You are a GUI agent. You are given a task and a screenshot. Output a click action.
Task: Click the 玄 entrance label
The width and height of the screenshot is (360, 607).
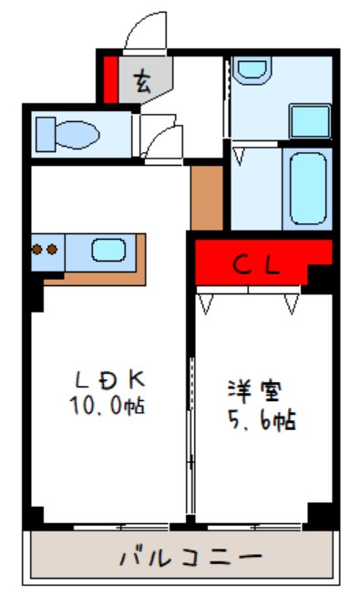144,83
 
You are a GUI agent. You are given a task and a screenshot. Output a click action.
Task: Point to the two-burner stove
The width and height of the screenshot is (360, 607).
45,248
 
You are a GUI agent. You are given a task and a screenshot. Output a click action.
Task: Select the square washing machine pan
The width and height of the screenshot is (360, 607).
310,121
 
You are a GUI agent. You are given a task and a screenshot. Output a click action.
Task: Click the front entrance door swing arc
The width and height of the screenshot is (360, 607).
141,33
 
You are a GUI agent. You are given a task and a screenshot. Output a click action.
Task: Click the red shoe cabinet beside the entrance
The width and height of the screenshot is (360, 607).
110,79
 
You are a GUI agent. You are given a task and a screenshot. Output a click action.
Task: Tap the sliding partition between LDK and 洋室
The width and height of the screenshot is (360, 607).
190,437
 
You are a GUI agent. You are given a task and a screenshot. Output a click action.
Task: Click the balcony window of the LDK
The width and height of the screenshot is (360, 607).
120,526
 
